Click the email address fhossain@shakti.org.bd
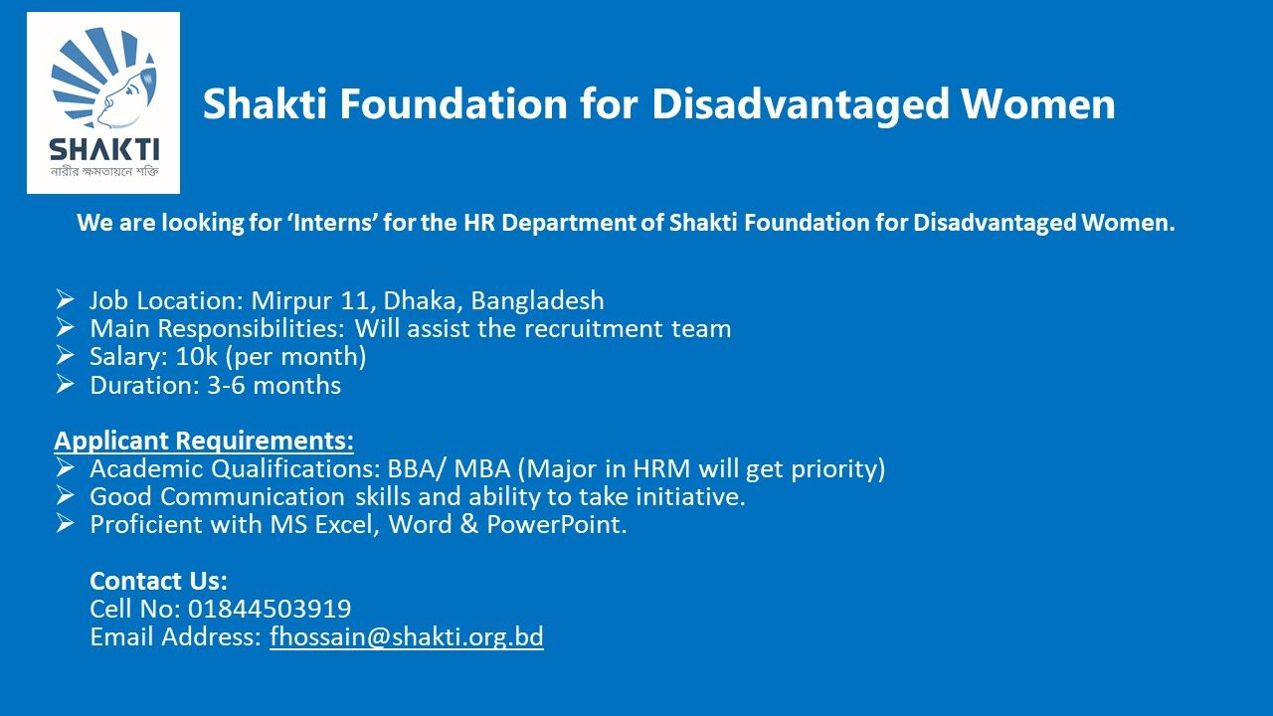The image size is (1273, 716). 407,636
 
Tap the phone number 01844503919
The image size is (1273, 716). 270,609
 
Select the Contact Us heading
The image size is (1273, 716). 158,581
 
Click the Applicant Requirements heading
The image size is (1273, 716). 204,441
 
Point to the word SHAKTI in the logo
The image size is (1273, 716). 104,150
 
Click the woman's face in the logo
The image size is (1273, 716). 122,96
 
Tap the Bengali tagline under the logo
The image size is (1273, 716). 104,170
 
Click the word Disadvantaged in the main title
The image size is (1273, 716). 801,104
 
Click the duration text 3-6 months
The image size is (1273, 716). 273,385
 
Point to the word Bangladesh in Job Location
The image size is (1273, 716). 538,300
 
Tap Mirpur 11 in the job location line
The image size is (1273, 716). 313,300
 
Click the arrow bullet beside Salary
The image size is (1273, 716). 65,356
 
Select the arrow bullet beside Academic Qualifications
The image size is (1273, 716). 65,468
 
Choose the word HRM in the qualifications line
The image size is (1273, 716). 661,468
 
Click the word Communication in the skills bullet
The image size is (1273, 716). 253,496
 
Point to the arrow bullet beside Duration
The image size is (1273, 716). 65,384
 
